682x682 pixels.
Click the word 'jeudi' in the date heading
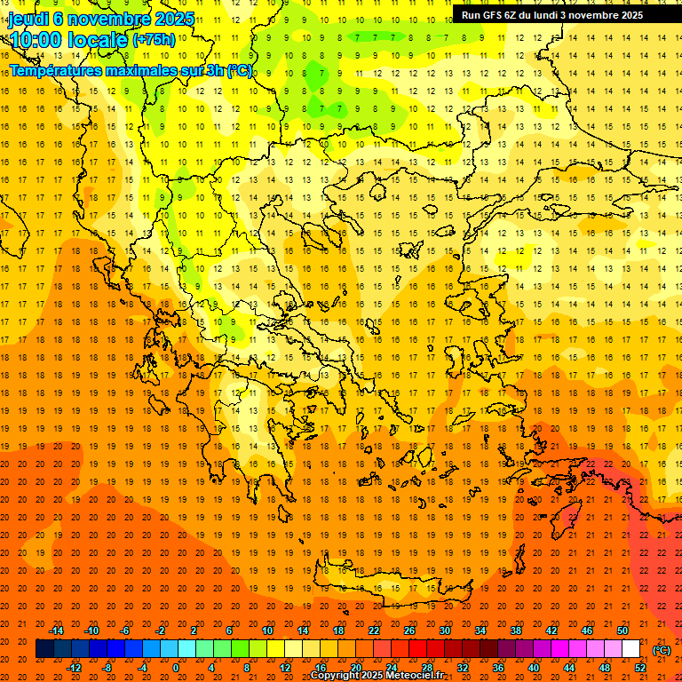pos(28,19)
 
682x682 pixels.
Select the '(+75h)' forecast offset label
pos(154,40)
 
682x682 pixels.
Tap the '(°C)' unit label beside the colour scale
pos(661,650)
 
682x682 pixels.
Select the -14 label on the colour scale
pos(57,630)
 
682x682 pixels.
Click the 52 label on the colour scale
pos(640,668)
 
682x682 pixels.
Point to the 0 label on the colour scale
pos(175,668)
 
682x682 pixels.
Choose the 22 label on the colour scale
pos(374,630)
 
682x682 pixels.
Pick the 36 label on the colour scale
pos(498,668)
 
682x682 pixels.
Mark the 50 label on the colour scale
pos(623,630)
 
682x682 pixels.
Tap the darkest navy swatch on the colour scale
pos(44,649)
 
